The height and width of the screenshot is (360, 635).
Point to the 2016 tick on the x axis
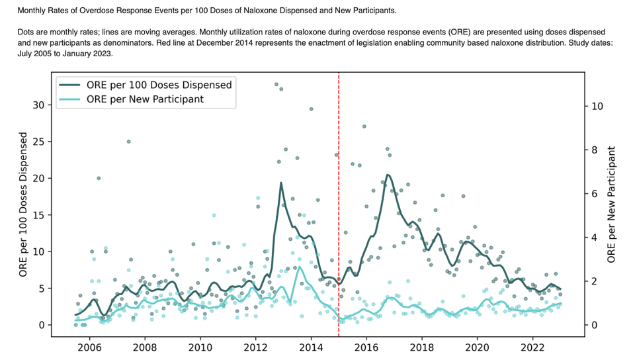[366, 347]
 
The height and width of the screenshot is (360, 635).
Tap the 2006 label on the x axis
[89, 347]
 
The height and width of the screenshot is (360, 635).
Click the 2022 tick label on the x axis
[532, 347]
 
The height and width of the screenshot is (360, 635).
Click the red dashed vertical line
[339, 199]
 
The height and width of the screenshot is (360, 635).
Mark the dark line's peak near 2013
[281, 183]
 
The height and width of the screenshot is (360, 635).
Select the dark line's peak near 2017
[388, 175]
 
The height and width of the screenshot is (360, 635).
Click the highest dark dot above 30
[276, 84]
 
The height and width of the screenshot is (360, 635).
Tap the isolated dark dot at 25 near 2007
[128, 141]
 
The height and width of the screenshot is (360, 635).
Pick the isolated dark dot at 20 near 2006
[99, 178]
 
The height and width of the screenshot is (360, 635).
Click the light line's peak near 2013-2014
[300, 267]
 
